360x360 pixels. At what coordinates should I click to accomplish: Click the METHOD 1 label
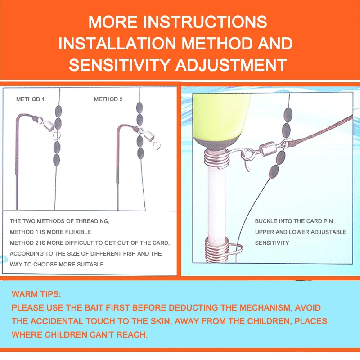[30, 99]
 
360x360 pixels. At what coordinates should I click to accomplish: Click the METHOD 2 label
[108, 99]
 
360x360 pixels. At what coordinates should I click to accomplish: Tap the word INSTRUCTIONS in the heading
[205, 22]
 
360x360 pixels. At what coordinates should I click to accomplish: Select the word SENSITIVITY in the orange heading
[119, 65]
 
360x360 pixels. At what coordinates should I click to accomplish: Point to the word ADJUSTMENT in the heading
[231, 65]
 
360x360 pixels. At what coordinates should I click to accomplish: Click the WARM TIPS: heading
[36, 294]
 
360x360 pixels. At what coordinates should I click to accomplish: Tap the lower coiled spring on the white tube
[217, 250]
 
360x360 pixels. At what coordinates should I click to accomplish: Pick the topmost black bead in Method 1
[58, 111]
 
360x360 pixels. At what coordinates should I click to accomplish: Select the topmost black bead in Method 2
[139, 108]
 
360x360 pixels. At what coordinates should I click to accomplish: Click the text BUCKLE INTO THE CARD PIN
[294, 221]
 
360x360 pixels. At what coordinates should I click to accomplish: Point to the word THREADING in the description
[93, 221]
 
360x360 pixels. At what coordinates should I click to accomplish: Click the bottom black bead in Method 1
[57, 160]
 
